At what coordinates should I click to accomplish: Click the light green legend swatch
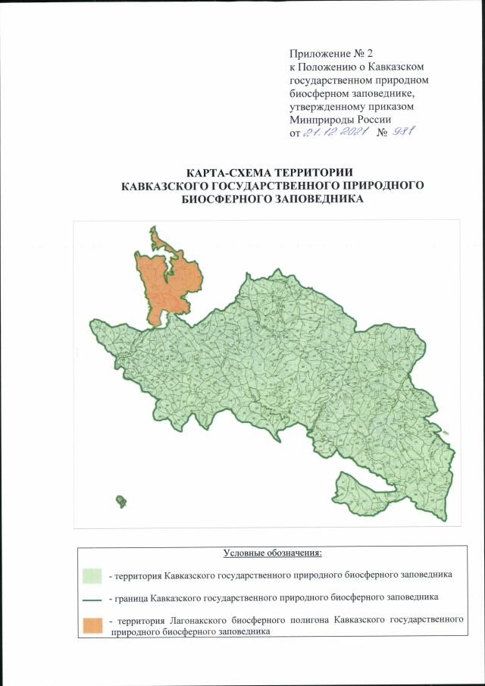coord(92,575)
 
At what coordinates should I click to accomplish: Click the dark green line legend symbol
coord(92,599)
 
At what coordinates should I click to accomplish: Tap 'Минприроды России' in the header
coord(340,119)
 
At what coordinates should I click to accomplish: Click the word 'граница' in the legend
coord(130,599)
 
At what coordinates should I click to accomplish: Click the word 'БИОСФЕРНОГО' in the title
coord(226,200)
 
